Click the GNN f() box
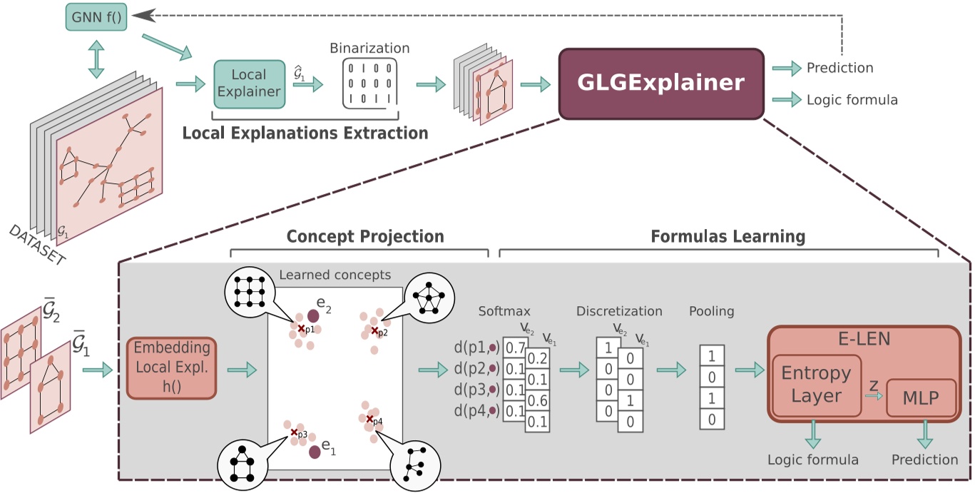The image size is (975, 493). click(96, 16)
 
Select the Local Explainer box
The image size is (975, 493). click(249, 83)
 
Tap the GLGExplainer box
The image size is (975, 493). click(660, 83)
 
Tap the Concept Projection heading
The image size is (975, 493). click(365, 236)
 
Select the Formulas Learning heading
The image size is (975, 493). click(728, 236)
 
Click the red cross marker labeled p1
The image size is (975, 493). click(302, 328)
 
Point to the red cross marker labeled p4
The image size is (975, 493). click(369, 420)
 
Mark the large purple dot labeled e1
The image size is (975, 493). click(314, 451)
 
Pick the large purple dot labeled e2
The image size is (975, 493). click(313, 315)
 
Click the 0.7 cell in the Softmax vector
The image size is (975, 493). click(514, 348)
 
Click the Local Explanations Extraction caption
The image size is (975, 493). click(305, 133)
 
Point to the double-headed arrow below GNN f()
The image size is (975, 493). click(96, 54)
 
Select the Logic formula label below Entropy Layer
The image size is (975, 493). click(812, 459)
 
